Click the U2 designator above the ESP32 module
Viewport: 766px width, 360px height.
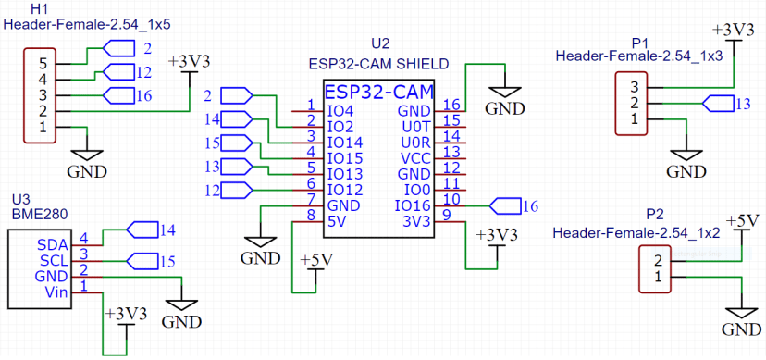[379, 44]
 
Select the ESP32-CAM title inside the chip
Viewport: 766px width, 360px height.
[379, 93]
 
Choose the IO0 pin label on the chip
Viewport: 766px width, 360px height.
[417, 189]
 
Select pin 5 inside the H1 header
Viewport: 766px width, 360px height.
[41, 64]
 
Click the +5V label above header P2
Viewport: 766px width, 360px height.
[743, 220]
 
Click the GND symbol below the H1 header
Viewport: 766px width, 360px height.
[86, 167]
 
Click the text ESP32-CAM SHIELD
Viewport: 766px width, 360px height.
[378, 64]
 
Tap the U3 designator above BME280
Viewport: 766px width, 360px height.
[20, 199]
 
